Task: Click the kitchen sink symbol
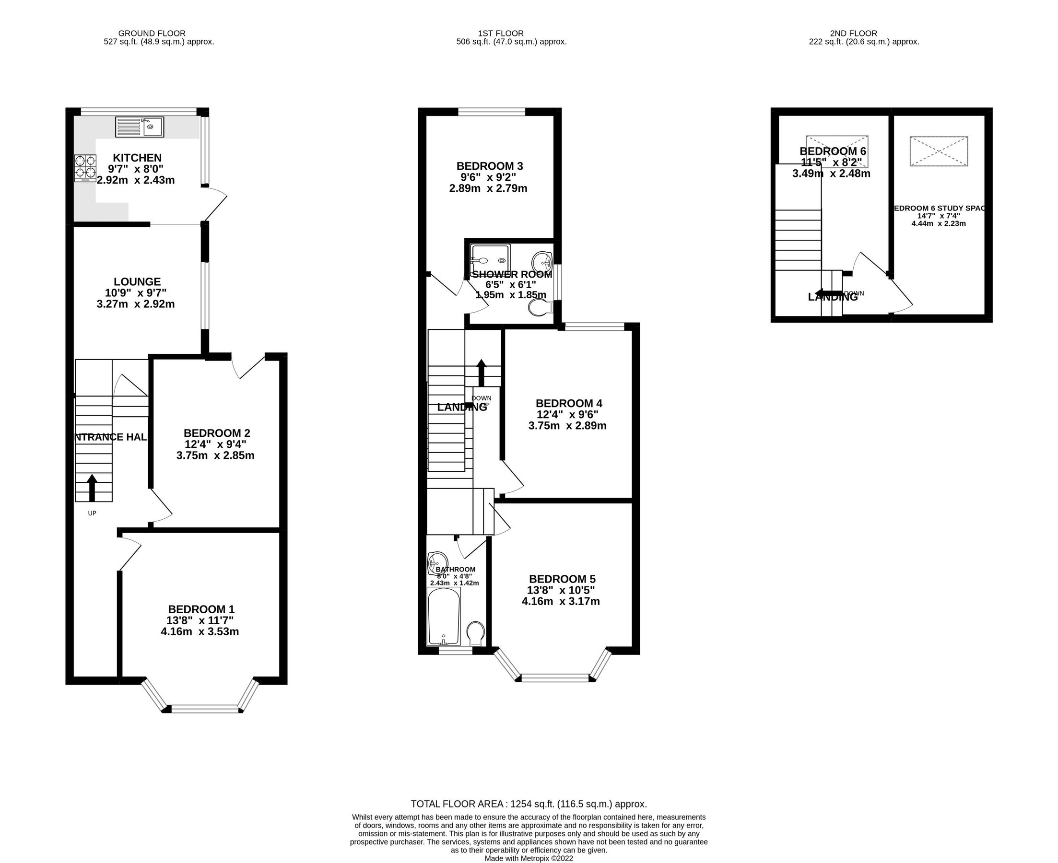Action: click(x=139, y=127)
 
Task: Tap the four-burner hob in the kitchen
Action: click(x=85, y=168)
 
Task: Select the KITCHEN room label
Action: click(x=137, y=158)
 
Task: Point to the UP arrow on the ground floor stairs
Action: click(x=92, y=488)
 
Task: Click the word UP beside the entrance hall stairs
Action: click(x=92, y=513)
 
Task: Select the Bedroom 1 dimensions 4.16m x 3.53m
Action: click(x=200, y=632)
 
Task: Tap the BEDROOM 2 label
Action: click(x=217, y=433)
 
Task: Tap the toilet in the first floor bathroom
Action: click(x=476, y=633)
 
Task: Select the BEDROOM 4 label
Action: click(x=569, y=403)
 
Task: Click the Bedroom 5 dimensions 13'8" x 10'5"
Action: click(x=561, y=591)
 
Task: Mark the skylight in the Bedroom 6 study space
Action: click(x=939, y=151)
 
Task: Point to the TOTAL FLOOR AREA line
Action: click(x=529, y=804)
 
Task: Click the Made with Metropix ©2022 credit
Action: click(x=529, y=858)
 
